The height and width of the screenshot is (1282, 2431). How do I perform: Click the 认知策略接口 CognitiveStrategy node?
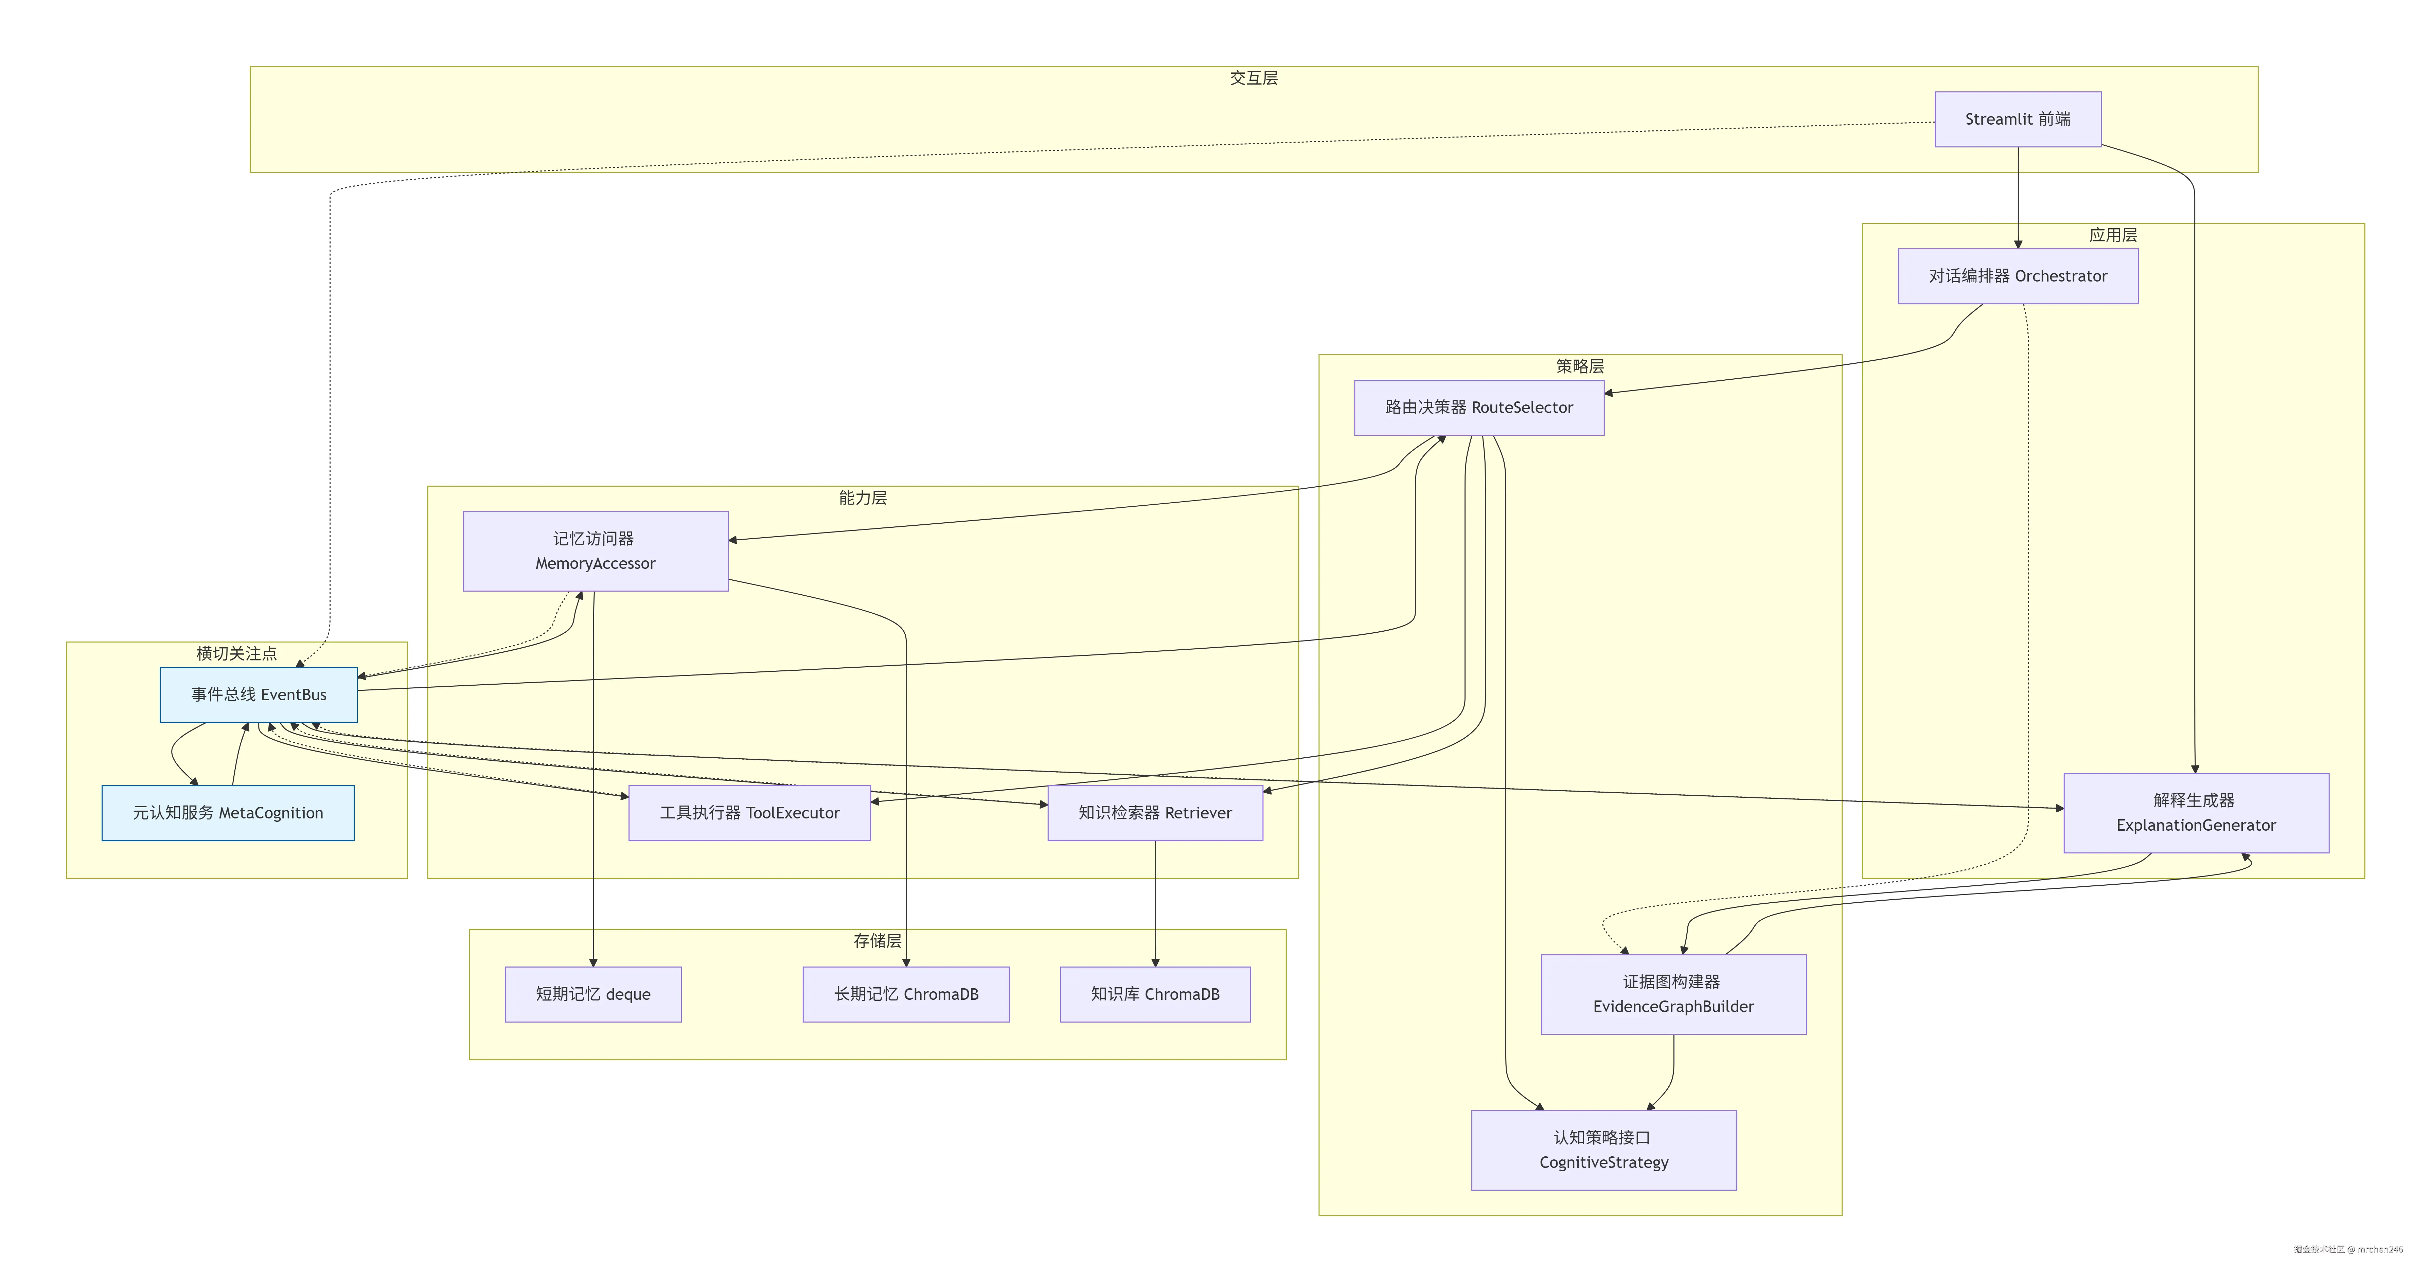point(1603,1150)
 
